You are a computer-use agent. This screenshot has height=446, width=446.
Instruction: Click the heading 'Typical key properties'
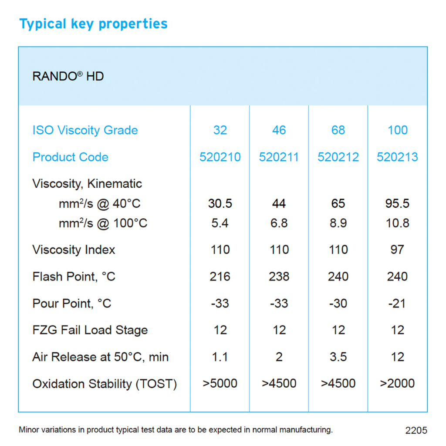(93, 24)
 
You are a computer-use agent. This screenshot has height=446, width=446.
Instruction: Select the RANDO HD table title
(68, 77)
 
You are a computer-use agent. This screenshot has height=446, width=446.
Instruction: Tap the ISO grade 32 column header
(220, 130)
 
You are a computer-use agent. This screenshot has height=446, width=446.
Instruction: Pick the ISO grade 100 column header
(397, 130)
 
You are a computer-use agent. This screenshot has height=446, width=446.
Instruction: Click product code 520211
(279, 157)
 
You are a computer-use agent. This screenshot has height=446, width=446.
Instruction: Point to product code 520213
(397, 157)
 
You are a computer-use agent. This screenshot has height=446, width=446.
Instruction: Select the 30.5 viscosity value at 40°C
(220, 204)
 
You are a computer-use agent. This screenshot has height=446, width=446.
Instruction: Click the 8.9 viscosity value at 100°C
(338, 223)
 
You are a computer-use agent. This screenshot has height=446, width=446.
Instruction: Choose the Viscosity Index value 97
(397, 250)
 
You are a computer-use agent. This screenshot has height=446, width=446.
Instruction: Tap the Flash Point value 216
(220, 277)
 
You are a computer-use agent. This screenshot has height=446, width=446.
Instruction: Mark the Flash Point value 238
(279, 277)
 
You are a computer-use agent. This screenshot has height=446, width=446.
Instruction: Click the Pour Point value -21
(397, 304)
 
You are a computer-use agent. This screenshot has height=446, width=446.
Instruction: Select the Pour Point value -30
(338, 304)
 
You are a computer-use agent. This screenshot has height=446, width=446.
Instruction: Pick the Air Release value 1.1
(220, 357)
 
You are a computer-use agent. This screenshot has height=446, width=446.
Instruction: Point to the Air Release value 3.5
(338, 357)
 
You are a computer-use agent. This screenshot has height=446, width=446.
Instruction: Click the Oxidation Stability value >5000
(220, 384)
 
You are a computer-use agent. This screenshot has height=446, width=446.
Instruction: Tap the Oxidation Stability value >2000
(397, 384)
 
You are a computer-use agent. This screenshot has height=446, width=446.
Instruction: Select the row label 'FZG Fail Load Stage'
(90, 330)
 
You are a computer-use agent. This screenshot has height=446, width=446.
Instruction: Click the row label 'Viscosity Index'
(74, 250)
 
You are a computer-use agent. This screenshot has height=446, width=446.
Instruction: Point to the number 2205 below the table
(416, 430)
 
